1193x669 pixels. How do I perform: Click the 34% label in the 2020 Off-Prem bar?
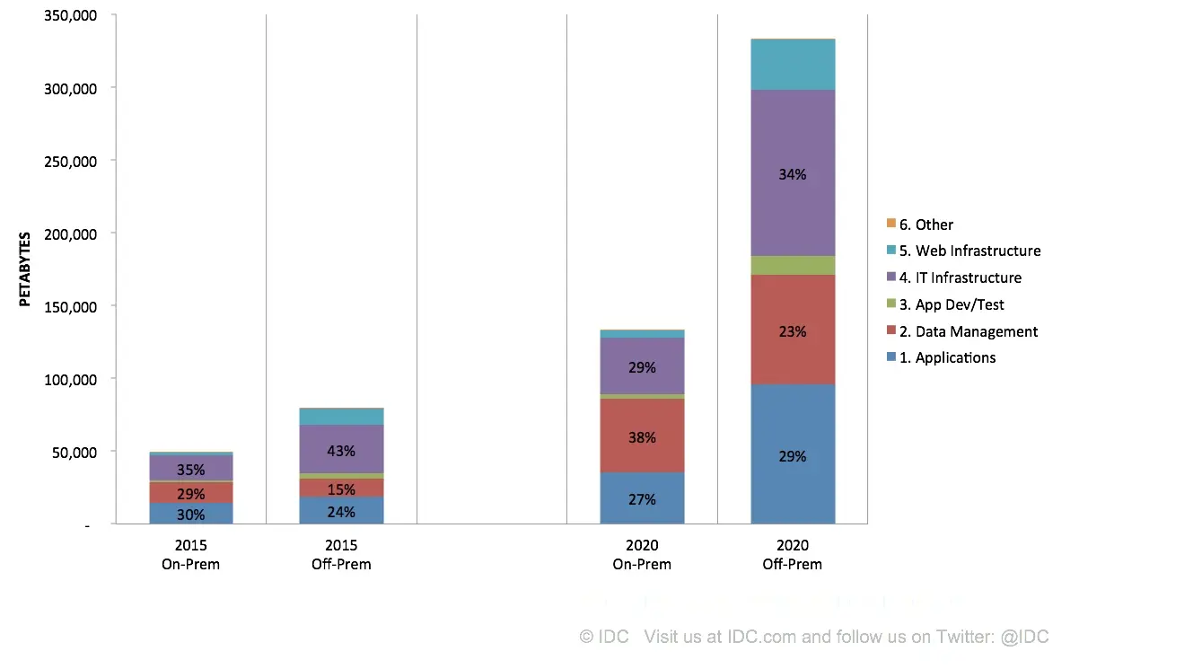(793, 174)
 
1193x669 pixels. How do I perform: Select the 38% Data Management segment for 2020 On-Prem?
(642, 437)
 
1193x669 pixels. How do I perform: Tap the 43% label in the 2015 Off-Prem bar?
(341, 451)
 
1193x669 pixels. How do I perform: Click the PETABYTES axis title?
(25, 269)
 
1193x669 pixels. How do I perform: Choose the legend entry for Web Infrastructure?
(969, 251)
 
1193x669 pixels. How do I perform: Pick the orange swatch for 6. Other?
(890, 224)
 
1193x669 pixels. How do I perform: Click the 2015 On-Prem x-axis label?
(190, 555)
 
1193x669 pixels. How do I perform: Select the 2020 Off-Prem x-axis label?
(793, 555)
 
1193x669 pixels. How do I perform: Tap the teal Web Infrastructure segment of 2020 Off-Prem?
(793, 65)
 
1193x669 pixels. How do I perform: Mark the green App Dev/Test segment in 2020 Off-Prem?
(793, 265)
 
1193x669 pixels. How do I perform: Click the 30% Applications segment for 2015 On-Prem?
(190, 515)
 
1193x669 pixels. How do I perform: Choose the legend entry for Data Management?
(968, 331)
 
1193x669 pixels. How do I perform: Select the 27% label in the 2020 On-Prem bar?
(642, 499)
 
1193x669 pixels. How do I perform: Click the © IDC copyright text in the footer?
(604, 637)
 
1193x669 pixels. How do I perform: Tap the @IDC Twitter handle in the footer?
(1024, 637)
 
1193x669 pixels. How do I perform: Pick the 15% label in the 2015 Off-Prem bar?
(341, 489)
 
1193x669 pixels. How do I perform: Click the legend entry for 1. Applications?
(947, 357)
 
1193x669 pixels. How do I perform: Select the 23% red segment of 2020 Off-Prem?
(793, 330)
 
